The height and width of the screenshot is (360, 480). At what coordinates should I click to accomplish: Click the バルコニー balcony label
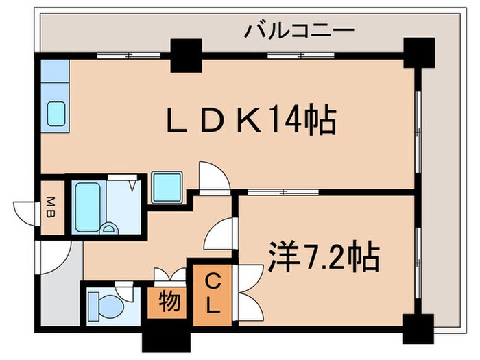(299, 30)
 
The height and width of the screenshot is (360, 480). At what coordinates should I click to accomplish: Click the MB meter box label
(51, 206)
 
